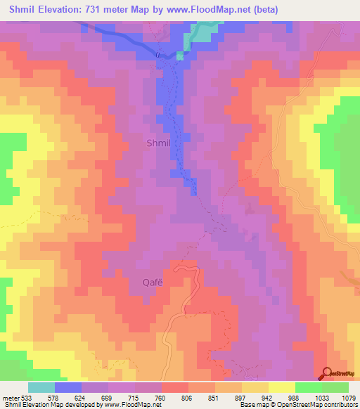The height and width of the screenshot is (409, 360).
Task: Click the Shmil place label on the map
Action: tap(157, 143)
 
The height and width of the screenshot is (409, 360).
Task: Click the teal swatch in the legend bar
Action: tap(41, 387)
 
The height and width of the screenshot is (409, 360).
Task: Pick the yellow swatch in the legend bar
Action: tap(281, 387)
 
